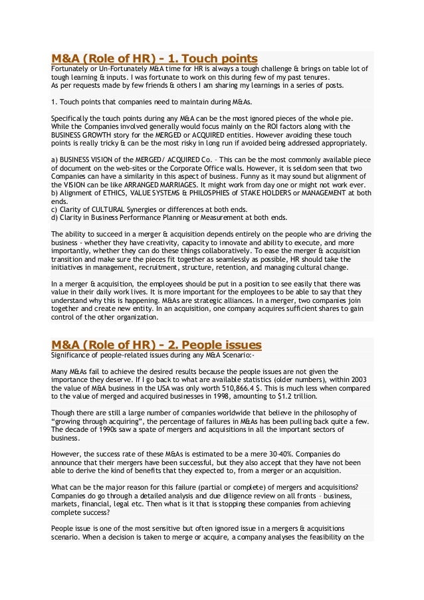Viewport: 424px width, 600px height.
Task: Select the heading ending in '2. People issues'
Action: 156,345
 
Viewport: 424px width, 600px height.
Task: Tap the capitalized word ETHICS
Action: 113,193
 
